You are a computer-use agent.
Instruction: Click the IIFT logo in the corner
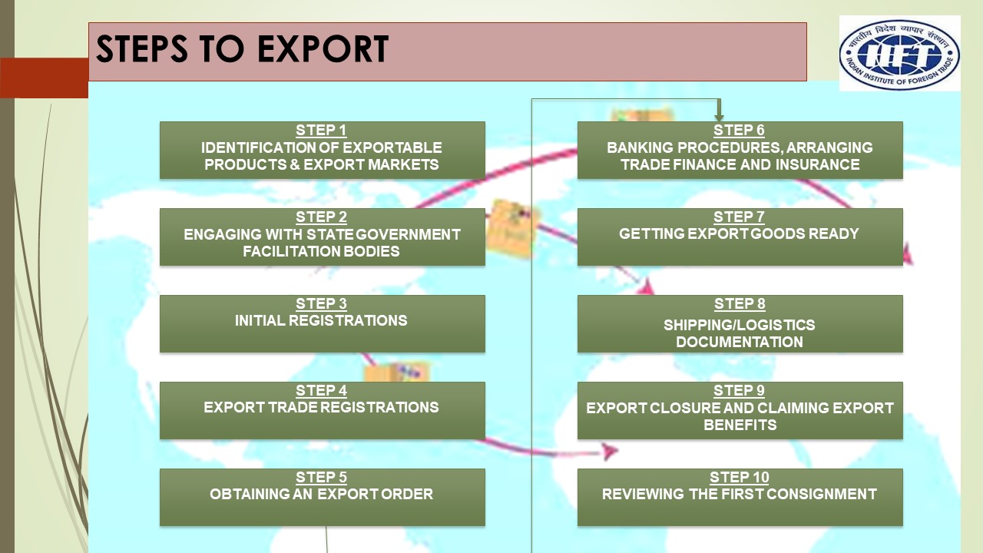coord(899,53)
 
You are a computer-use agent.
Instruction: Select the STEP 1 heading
coord(321,131)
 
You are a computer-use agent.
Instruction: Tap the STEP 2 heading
coord(321,217)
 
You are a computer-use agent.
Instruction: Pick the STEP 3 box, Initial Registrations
coord(322,323)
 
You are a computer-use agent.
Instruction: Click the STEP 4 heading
coord(321,391)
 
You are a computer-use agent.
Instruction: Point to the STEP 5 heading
coord(321,478)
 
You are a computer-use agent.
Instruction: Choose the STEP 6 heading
coord(739,131)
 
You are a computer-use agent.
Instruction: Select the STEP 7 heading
coord(739,217)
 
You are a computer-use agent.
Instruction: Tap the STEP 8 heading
coord(739,304)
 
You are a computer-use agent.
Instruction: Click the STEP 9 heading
coord(739,391)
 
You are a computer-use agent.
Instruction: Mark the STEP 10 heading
coord(739,478)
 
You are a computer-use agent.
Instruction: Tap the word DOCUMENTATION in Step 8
coord(739,342)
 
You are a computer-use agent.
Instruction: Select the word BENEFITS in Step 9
coord(740,425)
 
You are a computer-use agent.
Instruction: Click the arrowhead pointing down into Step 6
coord(719,116)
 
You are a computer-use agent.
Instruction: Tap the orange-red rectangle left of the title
coord(44,78)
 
